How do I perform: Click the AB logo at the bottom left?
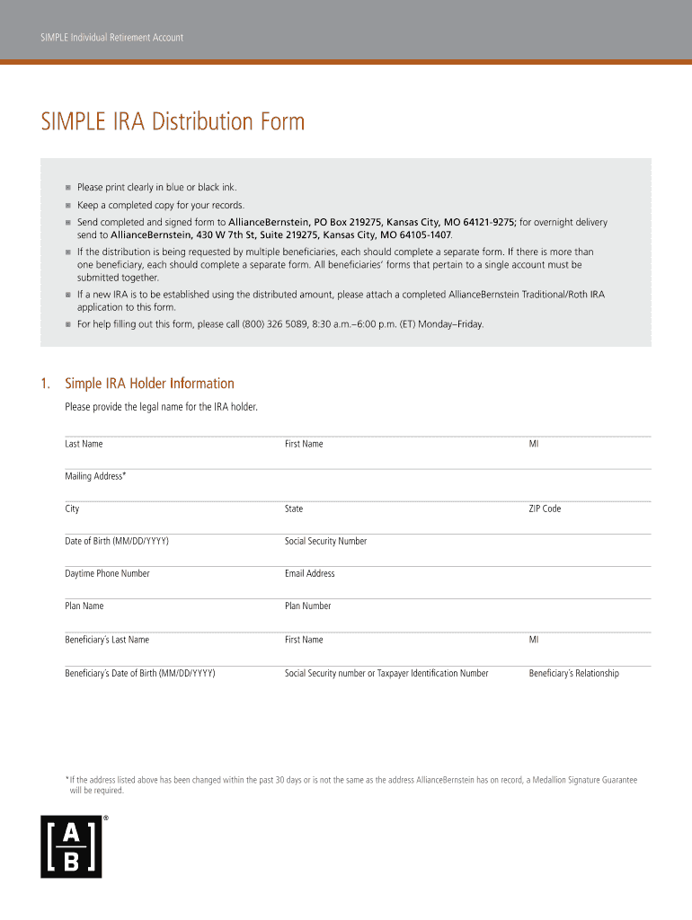[x=71, y=846]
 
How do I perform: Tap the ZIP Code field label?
[x=545, y=509]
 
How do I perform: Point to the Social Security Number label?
[x=325, y=541]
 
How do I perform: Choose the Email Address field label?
[x=309, y=573]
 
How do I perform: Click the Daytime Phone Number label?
[x=107, y=573]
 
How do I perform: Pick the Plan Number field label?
[x=307, y=606]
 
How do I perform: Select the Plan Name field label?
[x=84, y=606]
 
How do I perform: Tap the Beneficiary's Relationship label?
[x=573, y=673]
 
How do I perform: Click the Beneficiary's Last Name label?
[x=107, y=640]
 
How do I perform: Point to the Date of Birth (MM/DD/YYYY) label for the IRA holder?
[x=117, y=541]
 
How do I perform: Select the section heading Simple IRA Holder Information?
[x=149, y=384]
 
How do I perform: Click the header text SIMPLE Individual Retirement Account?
[x=111, y=38]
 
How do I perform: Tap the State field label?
[x=294, y=509]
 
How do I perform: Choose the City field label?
[x=72, y=509]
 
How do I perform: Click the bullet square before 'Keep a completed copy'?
[x=67, y=205]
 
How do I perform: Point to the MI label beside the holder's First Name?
[x=534, y=444]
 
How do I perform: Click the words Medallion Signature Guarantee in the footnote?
[x=590, y=780]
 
